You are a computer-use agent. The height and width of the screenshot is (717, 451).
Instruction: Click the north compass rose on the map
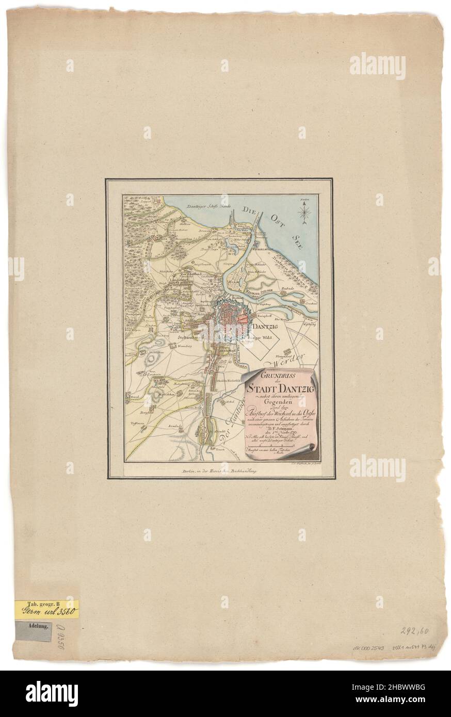pos(305,212)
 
